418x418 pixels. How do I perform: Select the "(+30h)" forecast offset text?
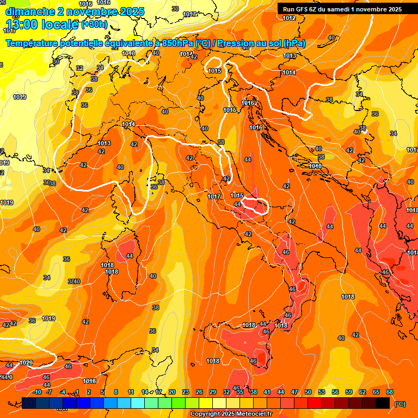(94, 24)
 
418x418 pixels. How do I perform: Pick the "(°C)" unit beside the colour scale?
(400, 404)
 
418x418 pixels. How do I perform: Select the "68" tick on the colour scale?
(390, 392)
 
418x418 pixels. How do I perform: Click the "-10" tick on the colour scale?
(37, 392)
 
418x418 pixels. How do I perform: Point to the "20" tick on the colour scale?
(172, 392)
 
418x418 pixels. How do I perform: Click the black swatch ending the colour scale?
(383, 403)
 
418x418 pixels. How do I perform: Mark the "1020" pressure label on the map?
(26, 363)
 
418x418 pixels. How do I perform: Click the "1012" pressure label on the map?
(289, 18)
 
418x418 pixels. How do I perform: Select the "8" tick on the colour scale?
(116, 392)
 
